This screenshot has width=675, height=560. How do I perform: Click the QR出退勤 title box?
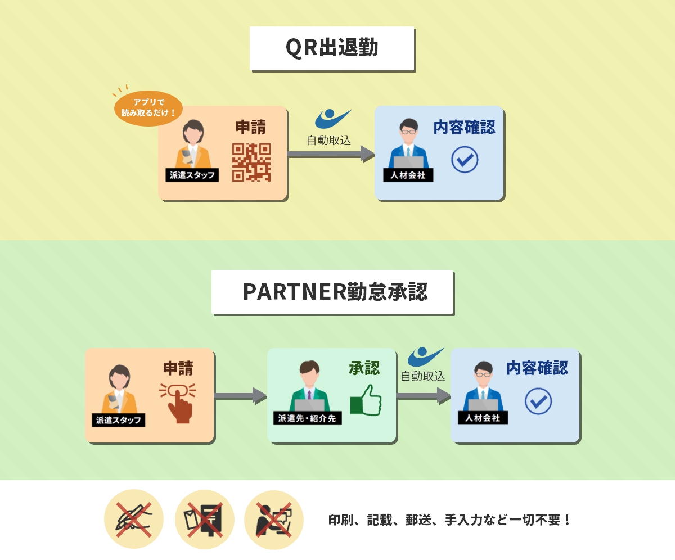click(x=332, y=48)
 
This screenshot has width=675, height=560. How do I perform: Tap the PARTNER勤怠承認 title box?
click(x=332, y=292)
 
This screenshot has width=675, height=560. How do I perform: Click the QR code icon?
click(x=251, y=162)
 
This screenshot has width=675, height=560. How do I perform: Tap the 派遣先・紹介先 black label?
click(x=308, y=418)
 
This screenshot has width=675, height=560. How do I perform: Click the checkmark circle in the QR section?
click(x=465, y=160)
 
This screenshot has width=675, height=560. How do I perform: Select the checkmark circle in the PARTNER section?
click(x=538, y=401)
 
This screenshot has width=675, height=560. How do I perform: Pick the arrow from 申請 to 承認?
click(x=240, y=396)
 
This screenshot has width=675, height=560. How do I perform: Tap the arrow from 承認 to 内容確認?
click(x=423, y=396)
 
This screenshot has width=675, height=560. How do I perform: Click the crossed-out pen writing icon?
click(x=133, y=519)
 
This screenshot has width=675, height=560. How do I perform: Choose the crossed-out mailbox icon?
click(x=204, y=519)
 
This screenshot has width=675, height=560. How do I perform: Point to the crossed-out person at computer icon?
click(x=274, y=519)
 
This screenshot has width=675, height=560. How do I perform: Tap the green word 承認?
click(x=364, y=368)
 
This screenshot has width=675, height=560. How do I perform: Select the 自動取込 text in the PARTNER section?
click(x=422, y=376)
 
